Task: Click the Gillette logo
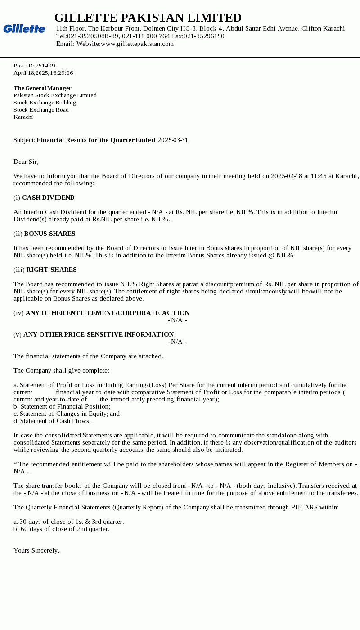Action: pyautogui.click(x=24, y=29)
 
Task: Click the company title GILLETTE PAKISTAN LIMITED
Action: pyautogui.click(x=148, y=18)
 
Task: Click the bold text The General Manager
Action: pyautogui.click(x=42, y=88)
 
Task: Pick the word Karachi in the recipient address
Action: pyautogui.click(x=23, y=117)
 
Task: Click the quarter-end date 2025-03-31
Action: pyautogui.click(x=173, y=140)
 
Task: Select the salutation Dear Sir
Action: pyautogui.click(x=26, y=162)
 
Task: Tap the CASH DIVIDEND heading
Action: pyautogui.click(x=48, y=198)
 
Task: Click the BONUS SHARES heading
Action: pyautogui.click(x=49, y=234)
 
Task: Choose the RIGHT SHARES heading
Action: pyautogui.click(x=51, y=270)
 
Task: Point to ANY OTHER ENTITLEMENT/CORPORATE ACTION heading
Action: pyautogui.click(x=108, y=313)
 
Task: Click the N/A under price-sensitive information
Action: pyautogui.click(x=177, y=342)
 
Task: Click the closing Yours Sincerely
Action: pyautogui.click(x=36, y=550)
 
